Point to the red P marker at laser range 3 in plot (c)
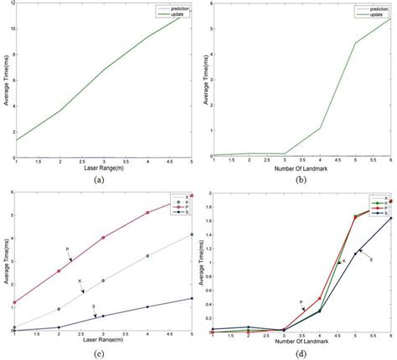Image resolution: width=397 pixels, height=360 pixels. tap(103, 238)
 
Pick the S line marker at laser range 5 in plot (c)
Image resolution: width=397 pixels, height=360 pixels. tap(193, 298)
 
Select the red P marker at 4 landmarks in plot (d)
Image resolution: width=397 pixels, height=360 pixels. tap(319, 298)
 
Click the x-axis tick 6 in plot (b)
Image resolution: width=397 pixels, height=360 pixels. tap(389, 161)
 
